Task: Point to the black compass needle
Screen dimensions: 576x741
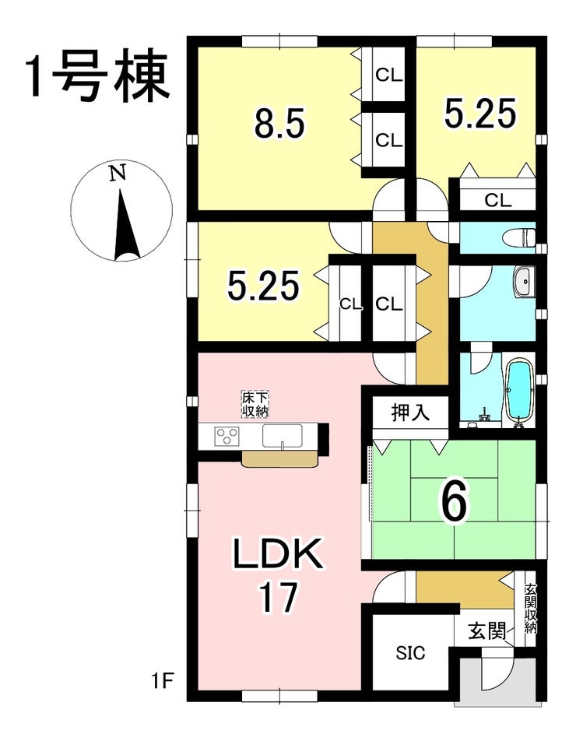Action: coord(125,225)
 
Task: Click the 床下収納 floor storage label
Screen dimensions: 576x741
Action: coord(255,404)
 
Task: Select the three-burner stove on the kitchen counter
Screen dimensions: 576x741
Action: coord(227,436)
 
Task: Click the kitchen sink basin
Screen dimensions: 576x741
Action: coord(282,436)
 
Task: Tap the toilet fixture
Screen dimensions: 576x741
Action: coord(520,237)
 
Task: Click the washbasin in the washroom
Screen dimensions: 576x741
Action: coord(523,283)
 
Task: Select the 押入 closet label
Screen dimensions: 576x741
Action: coord(411,412)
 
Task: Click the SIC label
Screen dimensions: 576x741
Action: coord(410,653)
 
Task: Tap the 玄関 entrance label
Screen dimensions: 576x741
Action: coord(486,630)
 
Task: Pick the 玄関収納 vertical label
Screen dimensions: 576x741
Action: coord(530,610)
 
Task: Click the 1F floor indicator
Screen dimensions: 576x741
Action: coord(162,683)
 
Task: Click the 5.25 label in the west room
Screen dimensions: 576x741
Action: coord(264,286)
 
